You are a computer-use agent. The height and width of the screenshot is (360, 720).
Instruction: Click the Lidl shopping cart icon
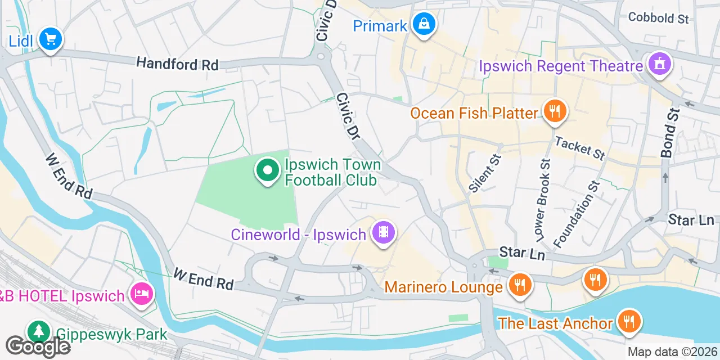(51, 39)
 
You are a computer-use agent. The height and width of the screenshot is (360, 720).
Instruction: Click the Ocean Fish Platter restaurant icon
(555, 111)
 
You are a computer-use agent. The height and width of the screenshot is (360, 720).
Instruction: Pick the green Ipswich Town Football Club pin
(268, 170)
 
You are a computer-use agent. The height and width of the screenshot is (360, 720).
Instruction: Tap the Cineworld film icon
(384, 232)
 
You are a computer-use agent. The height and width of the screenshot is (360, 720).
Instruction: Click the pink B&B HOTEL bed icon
(141, 293)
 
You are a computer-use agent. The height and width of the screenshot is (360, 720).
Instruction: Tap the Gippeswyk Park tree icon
(38, 332)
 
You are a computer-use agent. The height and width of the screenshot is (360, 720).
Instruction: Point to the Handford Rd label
(177, 64)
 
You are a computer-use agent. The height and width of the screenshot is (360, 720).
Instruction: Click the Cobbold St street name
(658, 18)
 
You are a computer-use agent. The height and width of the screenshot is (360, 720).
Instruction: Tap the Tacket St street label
(579, 148)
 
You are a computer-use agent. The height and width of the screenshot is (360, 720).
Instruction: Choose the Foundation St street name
(575, 213)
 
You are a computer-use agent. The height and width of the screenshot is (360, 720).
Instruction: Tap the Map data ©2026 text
(673, 352)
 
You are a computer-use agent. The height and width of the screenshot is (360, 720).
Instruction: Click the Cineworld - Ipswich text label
(299, 234)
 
